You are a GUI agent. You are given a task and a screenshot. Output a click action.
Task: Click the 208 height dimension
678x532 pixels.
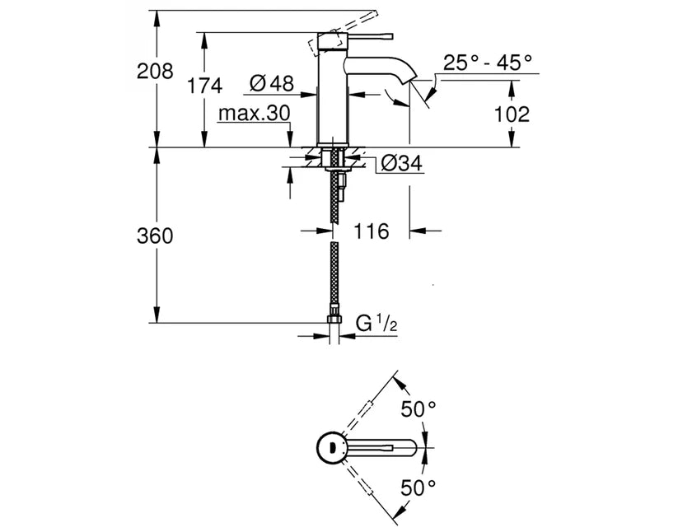(155, 71)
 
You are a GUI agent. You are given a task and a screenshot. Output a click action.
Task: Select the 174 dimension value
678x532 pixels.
(205, 85)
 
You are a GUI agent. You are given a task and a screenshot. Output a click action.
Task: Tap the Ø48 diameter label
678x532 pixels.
(271, 83)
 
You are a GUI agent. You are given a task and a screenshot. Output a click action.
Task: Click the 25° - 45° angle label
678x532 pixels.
(488, 63)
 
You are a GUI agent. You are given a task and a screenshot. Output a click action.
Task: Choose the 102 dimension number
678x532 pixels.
(512, 114)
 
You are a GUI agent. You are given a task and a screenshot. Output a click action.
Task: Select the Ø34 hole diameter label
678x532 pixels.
(400, 165)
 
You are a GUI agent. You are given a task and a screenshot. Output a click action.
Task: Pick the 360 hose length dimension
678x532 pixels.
(155, 236)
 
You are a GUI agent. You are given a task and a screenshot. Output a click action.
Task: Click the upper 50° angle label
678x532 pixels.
(418, 408)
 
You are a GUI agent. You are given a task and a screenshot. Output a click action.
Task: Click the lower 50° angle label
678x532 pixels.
(418, 488)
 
